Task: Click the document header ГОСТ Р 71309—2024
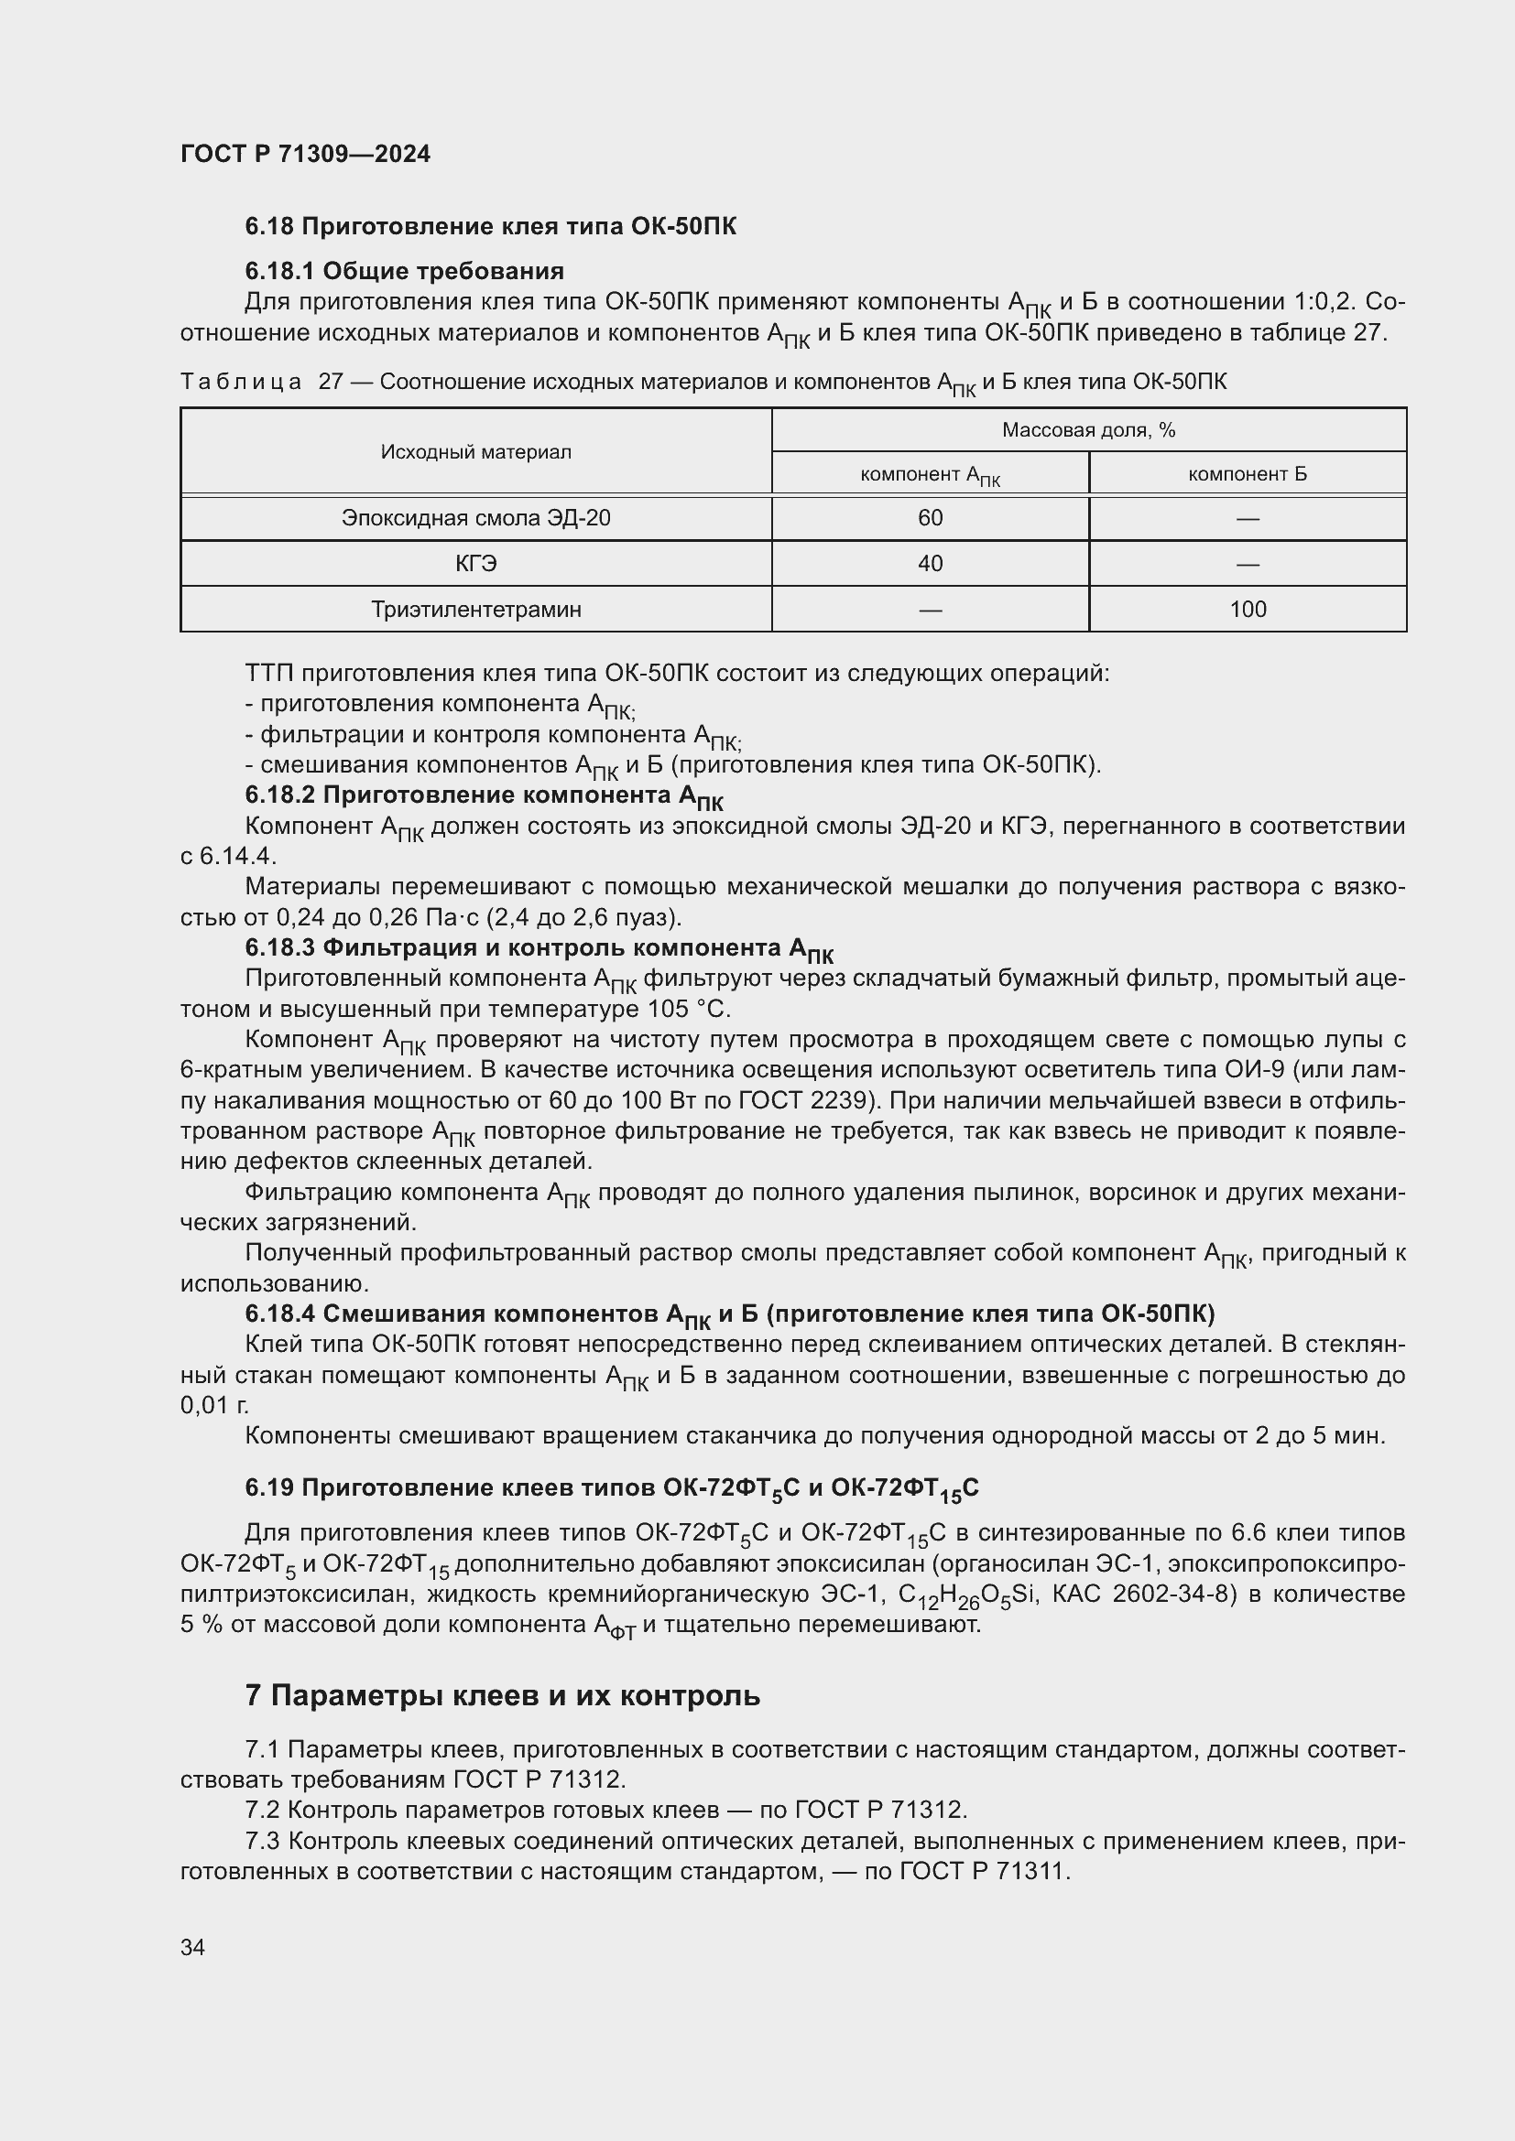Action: click(x=305, y=154)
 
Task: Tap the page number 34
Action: click(x=193, y=1947)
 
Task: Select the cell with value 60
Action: click(x=930, y=517)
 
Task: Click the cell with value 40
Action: click(x=930, y=563)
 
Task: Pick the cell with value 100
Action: click(x=1248, y=609)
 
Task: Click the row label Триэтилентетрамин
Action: click(x=475, y=609)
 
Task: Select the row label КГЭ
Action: click(x=475, y=563)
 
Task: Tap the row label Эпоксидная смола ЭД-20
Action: click(x=475, y=517)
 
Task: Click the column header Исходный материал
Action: click(x=475, y=451)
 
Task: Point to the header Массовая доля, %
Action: click(x=1088, y=430)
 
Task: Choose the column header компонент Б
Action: click(x=1248, y=474)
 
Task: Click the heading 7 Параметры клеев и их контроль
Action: click(x=503, y=1695)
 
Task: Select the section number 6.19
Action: click(x=268, y=1487)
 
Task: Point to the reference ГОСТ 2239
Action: click(x=804, y=1100)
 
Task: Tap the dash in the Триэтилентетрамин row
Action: click(x=930, y=610)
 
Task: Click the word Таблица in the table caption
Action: click(x=241, y=382)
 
